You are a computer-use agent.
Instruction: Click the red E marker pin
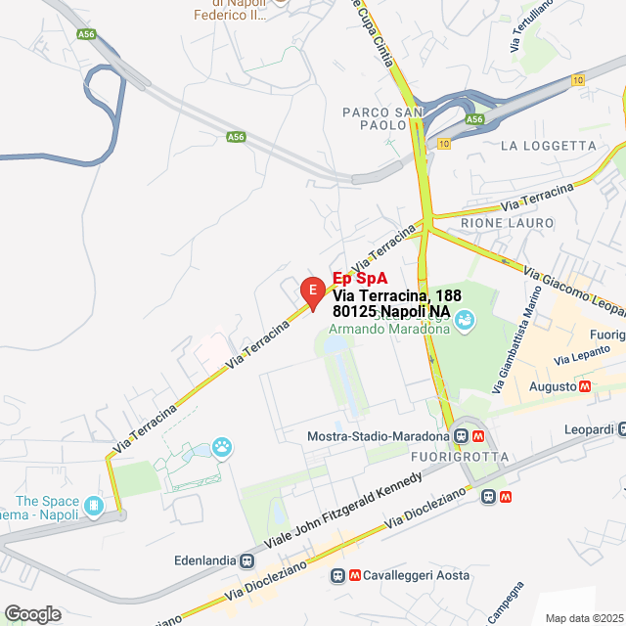pos(312,291)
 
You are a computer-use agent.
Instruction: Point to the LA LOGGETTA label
pos(547,146)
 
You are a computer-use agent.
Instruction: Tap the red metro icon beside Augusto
pos(585,386)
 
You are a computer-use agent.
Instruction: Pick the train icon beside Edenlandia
pos(248,560)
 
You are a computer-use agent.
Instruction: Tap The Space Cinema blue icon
pos(95,506)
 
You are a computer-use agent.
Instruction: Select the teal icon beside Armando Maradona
pos(466,319)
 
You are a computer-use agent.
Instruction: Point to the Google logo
pos(32,613)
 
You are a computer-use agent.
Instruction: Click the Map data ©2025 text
pos(583,618)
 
